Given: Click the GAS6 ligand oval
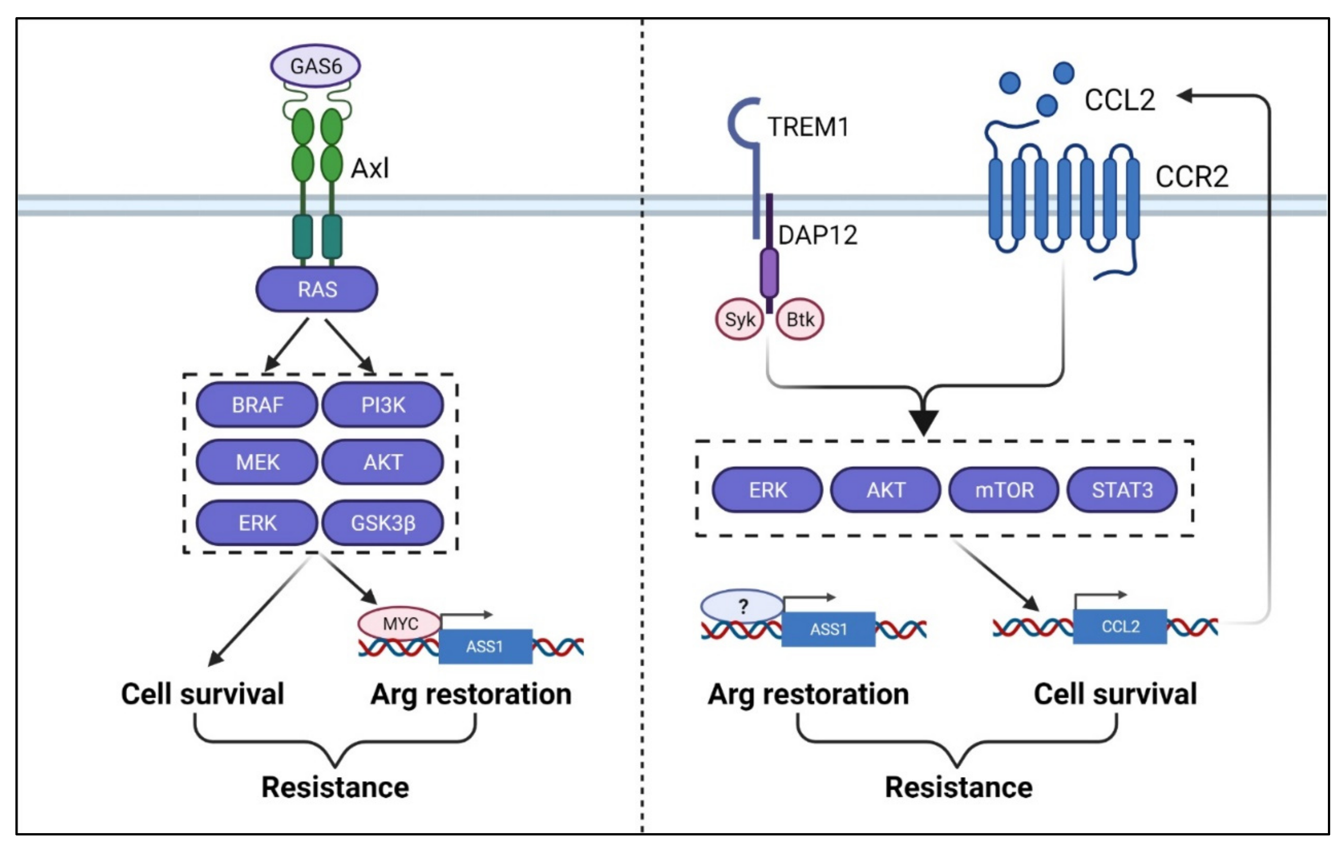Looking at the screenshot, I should pyautogui.click(x=315, y=66).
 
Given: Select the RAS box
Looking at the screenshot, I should pyautogui.click(x=316, y=289).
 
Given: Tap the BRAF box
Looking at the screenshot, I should pyautogui.click(x=257, y=405).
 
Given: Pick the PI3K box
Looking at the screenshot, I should pyautogui.click(x=383, y=405).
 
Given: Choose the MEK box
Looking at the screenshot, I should pyautogui.click(x=257, y=462).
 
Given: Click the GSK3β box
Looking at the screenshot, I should pyautogui.click(x=383, y=523).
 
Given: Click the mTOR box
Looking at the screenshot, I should pyautogui.click(x=1004, y=490).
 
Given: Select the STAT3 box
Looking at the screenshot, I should pyautogui.click(x=1122, y=490).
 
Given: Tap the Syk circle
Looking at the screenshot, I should pyautogui.click(x=739, y=320).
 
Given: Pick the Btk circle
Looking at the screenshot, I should pyautogui.click(x=800, y=320).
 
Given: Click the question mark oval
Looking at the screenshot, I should pyautogui.click(x=742, y=606).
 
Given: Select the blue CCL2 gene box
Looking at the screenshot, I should pyautogui.click(x=1120, y=627).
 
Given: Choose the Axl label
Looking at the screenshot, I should pyautogui.click(x=369, y=168).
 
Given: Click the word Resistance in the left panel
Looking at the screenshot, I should pyautogui.click(x=335, y=787).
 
